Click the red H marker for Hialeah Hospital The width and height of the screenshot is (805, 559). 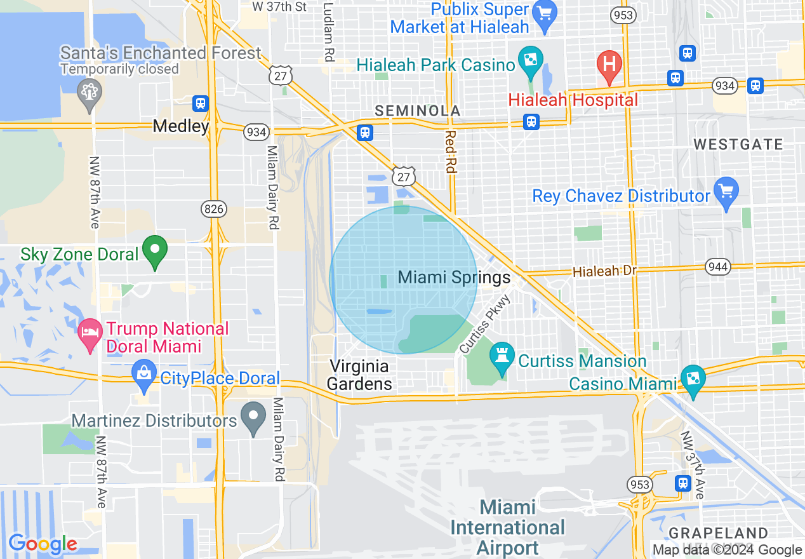(609, 65)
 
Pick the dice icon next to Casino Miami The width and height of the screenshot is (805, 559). (691, 378)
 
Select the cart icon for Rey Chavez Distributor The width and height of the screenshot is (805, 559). (726, 191)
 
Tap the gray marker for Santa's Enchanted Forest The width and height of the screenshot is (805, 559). (89, 91)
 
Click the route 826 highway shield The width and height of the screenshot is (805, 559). (212, 208)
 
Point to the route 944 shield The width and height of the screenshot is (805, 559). (717, 266)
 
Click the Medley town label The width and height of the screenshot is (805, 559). (181, 126)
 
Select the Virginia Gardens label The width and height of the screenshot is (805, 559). (359, 375)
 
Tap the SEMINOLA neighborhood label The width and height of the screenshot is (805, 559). (417, 111)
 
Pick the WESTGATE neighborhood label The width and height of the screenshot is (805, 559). (738, 145)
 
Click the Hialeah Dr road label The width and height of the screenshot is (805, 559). (604, 271)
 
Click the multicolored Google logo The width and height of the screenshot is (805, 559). (43, 544)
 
